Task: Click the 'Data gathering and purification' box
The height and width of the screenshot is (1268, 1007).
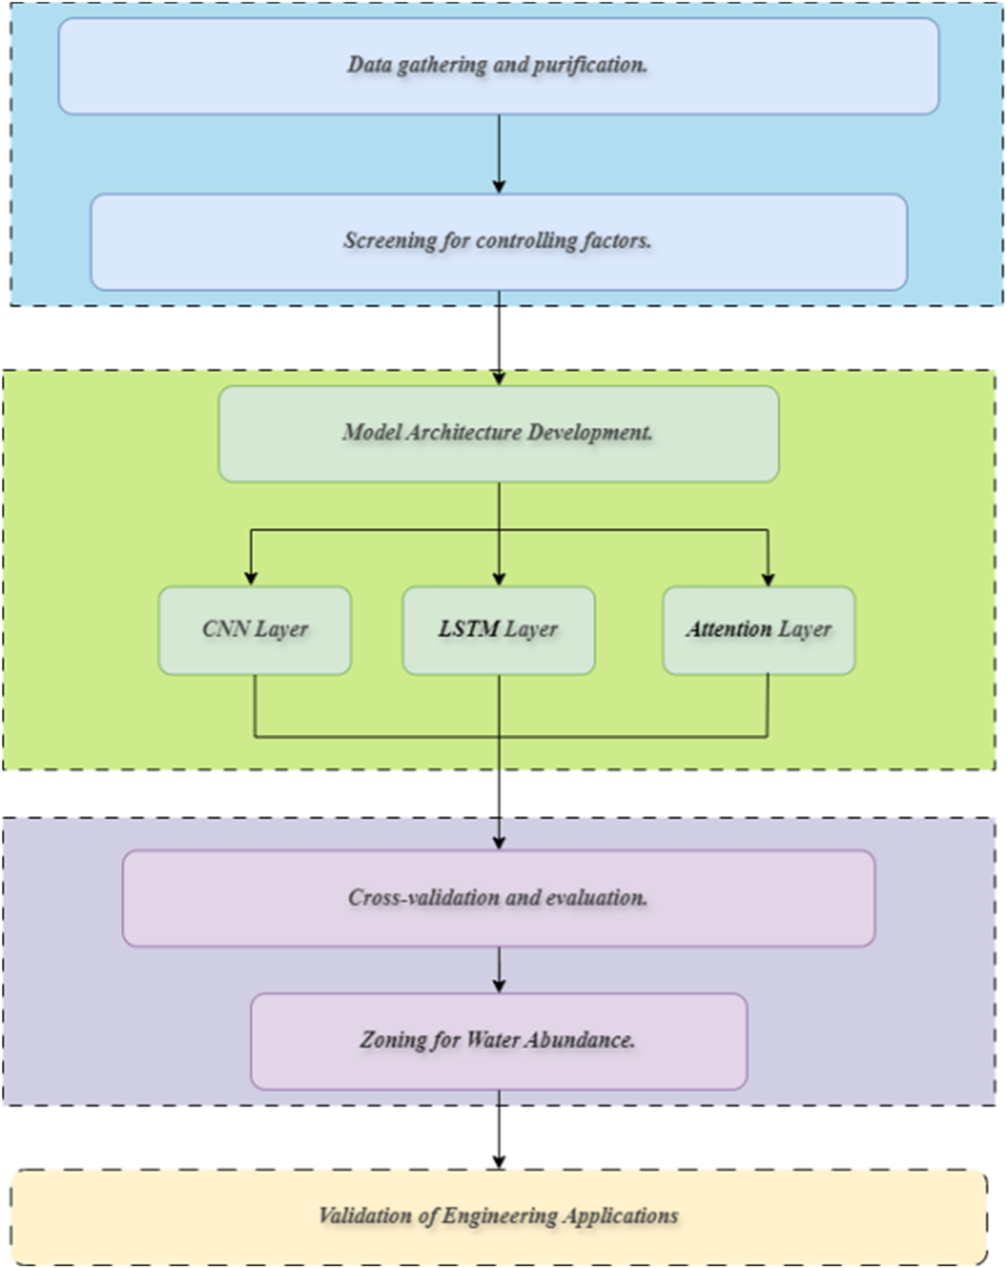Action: (498, 66)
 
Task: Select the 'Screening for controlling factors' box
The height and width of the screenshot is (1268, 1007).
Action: (498, 242)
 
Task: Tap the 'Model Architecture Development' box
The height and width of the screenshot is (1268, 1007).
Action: (498, 434)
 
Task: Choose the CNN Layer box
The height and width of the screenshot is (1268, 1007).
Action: (255, 631)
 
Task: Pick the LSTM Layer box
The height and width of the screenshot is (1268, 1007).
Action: (498, 631)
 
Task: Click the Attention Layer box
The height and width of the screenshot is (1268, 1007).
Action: (759, 631)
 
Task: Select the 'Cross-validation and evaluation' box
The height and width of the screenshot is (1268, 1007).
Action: (498, 899)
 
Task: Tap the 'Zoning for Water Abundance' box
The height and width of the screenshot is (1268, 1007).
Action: (498, 1041)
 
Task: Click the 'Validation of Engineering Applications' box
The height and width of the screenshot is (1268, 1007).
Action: (498, 1217)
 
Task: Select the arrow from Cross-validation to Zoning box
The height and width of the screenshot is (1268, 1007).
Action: (498, 970)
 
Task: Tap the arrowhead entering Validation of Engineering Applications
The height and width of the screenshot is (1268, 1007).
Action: (498, 1162)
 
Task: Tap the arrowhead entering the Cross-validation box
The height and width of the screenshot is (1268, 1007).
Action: (498, 842)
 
